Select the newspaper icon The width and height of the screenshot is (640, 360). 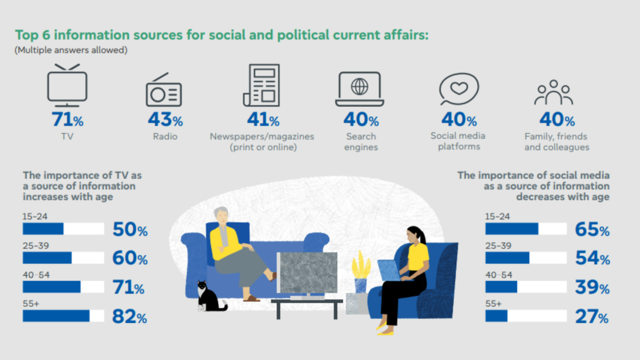(262, 85)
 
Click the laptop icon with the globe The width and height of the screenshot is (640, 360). (359, 89)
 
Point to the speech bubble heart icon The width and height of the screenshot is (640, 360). (459, 89)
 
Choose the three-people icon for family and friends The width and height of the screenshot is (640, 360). (554, 93)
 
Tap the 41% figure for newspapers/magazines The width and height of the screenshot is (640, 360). (263, 120)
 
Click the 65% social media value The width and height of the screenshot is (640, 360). (592, 230)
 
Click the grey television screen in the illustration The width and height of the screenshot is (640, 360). (308, 272)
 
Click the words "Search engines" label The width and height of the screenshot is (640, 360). (361, 142)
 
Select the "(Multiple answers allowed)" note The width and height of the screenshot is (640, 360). (71, 51)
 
